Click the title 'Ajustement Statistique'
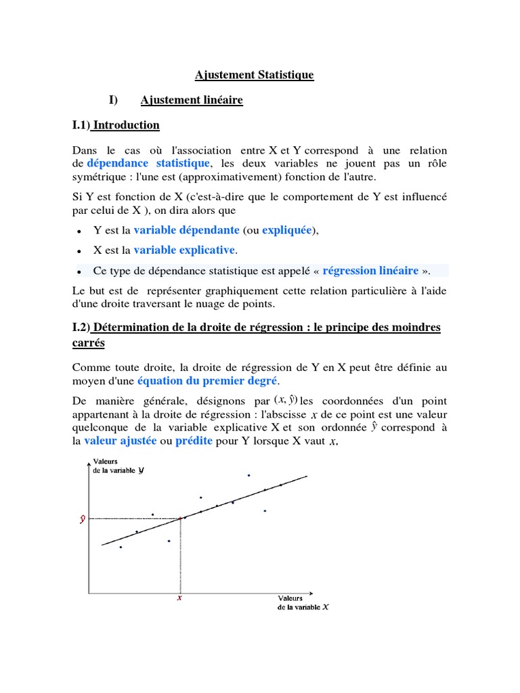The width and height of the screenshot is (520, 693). pyautogui.click(x=255, y=74)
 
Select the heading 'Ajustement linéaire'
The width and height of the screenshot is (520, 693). pyautogui.click(x=192, y=100)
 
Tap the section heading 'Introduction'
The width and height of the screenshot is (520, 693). pyautogui.click(x=126, y=125)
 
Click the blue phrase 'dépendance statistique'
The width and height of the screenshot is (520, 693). pyautogui.click(x=148, y=163)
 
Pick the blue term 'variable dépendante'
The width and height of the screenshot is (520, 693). pyautogui.click(x=186, y=229)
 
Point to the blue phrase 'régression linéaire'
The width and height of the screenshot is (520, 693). pyautogui.click(x=370, y=270)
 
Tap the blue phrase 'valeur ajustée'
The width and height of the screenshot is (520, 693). pyautogui.click(x=119, y=441)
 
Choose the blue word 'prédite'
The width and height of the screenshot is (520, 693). pyautogui.click(x=194, y=441)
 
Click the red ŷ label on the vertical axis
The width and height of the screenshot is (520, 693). pyautogui.click(x=82, y=519)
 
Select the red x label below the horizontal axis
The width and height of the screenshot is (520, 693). pyautogui.click(x=179, y=598)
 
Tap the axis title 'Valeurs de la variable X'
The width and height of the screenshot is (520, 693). pyautogui.click(x=303, y=602)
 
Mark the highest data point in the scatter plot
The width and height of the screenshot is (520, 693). pyautogui.click(x=248, y=475)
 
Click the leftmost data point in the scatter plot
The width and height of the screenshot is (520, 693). pyautogui.click(x=121, y=547)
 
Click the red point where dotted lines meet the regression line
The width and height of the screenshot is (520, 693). pyautogui.click(x=180, y=518)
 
